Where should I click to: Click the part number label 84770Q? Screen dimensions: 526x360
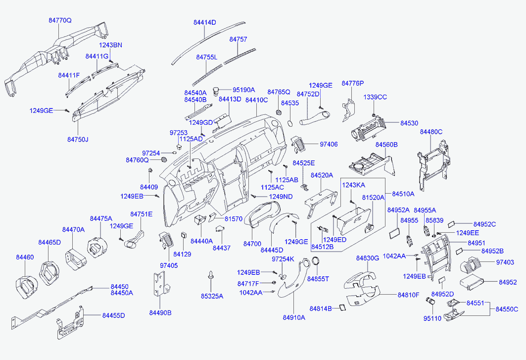[x=60, y=20]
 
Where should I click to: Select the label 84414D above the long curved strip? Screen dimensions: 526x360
[x=205, y=22]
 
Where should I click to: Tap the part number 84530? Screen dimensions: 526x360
[x=409, y=123]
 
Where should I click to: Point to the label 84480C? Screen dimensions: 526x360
[x=431, y=132]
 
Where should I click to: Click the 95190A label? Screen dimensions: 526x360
[x=244, y=90]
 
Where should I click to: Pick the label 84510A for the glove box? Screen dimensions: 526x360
[x=403, y=194]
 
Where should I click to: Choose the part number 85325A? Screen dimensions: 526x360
[x=212, y=296]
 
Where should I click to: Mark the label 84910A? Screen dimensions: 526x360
[x=294, y=317]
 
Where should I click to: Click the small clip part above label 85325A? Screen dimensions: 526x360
[x=211, y=275]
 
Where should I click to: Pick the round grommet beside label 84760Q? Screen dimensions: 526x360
[x=164, y=159]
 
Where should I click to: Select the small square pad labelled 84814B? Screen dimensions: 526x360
[x=342, y=308]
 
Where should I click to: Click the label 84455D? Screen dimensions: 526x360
[x=114, y=315]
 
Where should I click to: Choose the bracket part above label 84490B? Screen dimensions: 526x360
[x=161, y=284]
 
